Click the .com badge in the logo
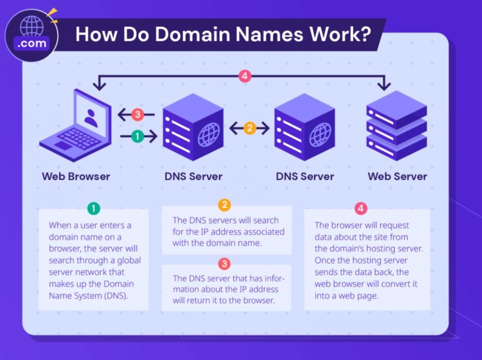(32, 43)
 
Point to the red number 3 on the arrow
(137, 115)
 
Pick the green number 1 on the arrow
(137, 136)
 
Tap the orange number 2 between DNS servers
(250, 128)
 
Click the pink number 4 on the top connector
(245, 76)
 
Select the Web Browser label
(76, 177)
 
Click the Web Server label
(397, 177)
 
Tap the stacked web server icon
(396, 125)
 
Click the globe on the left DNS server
(209, 135)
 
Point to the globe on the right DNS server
(320, 135)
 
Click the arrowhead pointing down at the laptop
(99, 86)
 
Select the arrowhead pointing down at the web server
(384, 86)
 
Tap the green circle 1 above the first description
(94, 208)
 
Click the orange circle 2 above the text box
(225, 205)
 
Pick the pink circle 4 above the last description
(361, 208)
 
